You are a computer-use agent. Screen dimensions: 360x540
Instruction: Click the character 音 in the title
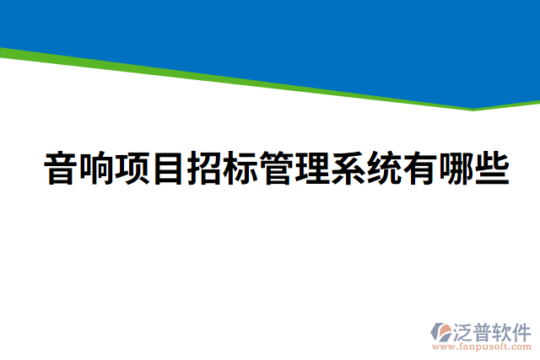[x=61, y=169]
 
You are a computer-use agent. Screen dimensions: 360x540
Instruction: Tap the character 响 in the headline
[x=97, y=169]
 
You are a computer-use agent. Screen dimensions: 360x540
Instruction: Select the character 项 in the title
[x=132, y=169]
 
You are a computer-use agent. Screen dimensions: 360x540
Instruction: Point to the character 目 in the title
[x=169, y=169]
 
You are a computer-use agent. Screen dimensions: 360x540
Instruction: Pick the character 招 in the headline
[x=205, y=169]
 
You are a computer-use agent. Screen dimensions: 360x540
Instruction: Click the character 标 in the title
[x=240, y=169]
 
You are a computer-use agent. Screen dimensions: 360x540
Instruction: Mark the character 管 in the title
[x=277, y=169]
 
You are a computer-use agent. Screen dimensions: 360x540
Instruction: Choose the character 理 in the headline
[x=312, y=169]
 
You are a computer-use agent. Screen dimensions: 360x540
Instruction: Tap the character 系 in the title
[x=348, y=169]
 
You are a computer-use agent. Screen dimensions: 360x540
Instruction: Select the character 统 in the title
[x=384, y=169]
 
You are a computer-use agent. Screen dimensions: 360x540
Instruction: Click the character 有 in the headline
[x=420, y=169]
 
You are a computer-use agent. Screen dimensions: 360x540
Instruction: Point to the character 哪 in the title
[x=456, y=169]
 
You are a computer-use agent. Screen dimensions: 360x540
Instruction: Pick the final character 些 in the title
[x=492, y=169]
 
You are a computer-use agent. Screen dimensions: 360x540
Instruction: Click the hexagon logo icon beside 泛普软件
[x=442, y=331]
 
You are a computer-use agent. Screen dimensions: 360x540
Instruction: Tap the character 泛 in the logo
[x=466, y=330]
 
